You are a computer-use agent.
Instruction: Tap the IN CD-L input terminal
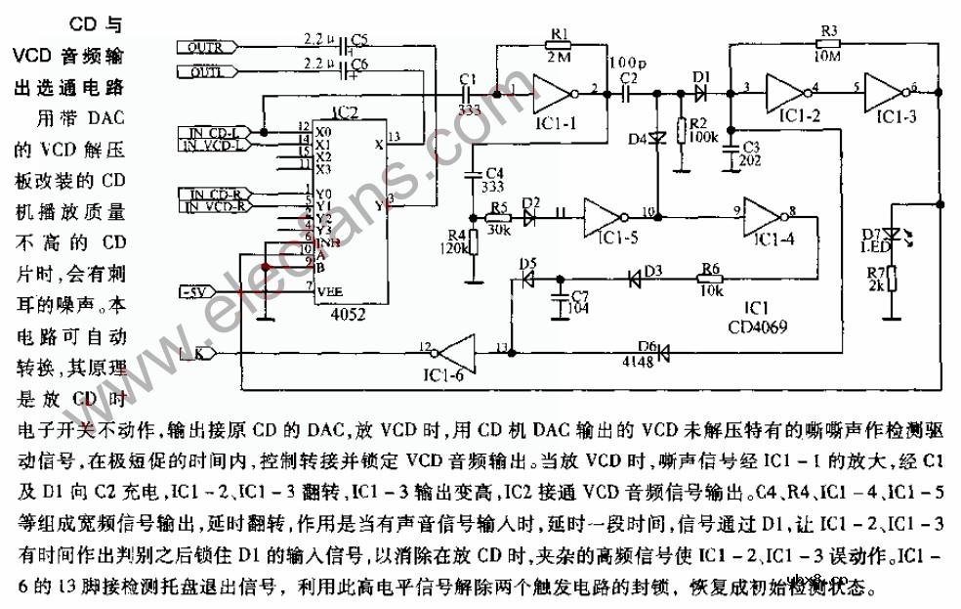point(213,132)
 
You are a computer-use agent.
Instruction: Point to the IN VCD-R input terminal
point(213,206)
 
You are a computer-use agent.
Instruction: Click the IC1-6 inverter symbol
point(455,348)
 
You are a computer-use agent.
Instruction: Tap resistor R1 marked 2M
point(559,44)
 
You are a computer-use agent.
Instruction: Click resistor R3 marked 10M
point(829,44)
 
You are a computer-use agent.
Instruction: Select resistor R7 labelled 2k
point(892,284)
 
